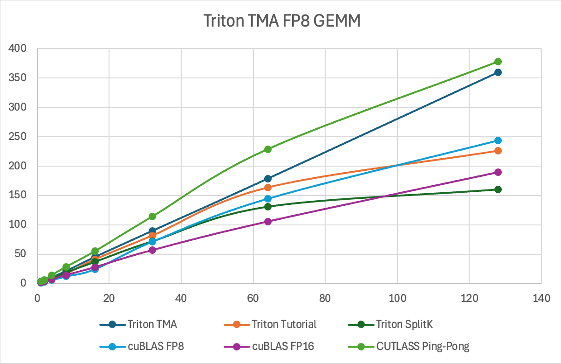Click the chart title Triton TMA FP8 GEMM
(282, 21)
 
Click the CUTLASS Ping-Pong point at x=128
(498, 62)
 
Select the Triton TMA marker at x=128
(498, 72)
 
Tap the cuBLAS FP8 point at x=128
(498, 140)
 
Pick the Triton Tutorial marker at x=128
(498, 151)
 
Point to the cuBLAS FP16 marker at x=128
(498, 172)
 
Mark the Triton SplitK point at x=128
(498, 189)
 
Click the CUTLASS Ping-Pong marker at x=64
(268, 149)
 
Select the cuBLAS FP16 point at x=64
(268, 222)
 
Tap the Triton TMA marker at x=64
(268, 179)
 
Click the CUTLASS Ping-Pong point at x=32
(152, 217)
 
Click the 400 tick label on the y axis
(18, 49)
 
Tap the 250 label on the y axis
(18, 137)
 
